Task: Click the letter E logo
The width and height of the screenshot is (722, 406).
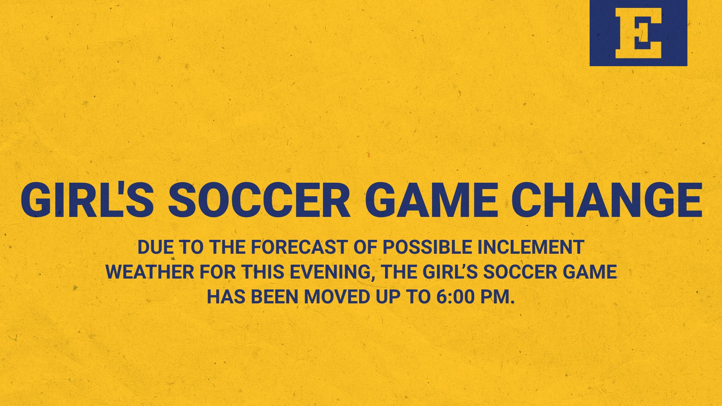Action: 638,33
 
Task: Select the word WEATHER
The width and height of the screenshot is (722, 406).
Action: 150,272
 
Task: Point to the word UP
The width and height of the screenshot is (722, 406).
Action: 387,297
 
